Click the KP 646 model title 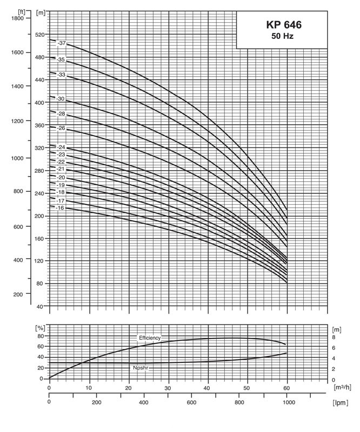pyautogui.click(x=284, y=25)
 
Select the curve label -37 pyautogui.click(x=61, y=43)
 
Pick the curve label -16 pyautogui.click(x=60, y=208)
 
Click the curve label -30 pyautogui.click(x=61, y=99)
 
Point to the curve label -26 pyautogui.click(x=61, y=128)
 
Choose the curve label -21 pyautogui.click(x=61, y=170)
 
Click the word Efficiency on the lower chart pyautogui.click(x=150, y=337)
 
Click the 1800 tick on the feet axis pyautogui.click(x=17, y=18)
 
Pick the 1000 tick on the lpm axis pyautogui.click(x=286, y=403)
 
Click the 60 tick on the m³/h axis pyautogui.click(x=286, y=388)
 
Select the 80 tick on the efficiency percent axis pyautogui.click(x=39, y=336)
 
